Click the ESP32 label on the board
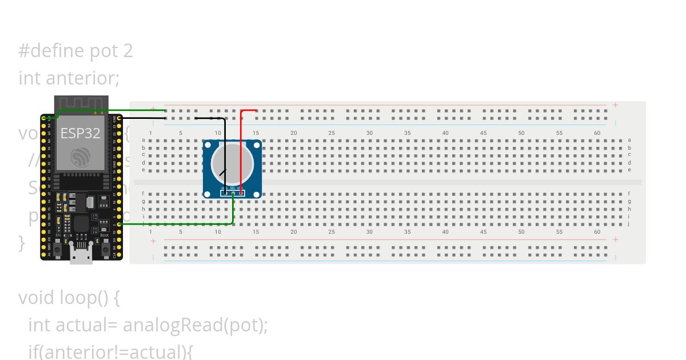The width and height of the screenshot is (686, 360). click(x=81, y=134)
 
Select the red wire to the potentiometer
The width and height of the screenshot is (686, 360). click(x=241, y=149)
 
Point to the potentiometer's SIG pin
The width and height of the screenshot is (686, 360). click(x=233, y=193)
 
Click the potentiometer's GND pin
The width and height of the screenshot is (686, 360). click(x=225, y=193)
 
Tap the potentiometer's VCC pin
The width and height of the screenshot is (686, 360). click(x=241, y=193)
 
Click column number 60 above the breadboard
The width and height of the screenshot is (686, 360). click(x=597, y=133)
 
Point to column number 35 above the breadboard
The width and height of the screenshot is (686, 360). click(x=408, y=133)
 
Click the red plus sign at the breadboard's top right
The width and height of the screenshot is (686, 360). click(x=615, y=105)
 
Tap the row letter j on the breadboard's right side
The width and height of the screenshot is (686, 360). click(x=629, y=223)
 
